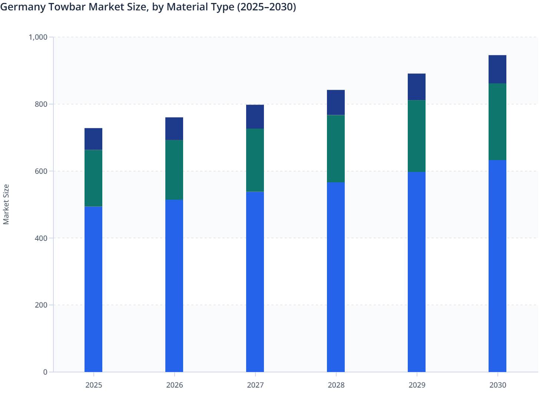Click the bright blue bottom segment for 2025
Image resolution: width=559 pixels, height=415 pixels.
(x=93, y=289)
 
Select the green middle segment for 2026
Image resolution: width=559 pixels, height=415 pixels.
(x=174, y=170)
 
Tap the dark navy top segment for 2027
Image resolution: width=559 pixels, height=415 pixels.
(x=255, y=117)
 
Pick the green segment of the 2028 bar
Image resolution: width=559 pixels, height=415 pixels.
(x=336, y=149)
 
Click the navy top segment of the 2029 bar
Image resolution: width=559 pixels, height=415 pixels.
(x=417, y=87)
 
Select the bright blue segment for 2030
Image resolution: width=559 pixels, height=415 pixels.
(x=497, y=266)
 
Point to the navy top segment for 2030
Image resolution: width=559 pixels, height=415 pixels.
(x=497, y=69)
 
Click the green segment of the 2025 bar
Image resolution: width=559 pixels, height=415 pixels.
(x=93, y=178)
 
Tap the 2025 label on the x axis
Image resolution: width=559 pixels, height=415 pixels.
(x=93, y=385)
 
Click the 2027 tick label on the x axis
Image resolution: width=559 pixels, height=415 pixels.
(x=255, y=385)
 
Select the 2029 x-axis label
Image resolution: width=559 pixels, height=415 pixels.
(x=417, y=385)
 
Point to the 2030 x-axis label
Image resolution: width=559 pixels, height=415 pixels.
(x=497, y=385)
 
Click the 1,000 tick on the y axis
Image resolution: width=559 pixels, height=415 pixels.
(x=38, y=37)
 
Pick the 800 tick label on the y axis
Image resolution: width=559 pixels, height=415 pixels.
(x=41, y=104)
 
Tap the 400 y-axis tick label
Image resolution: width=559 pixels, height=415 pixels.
(x=41, y=238)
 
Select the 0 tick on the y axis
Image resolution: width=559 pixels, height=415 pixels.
(x=45, y=372)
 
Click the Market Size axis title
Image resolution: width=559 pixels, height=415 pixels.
(x=6, y=204)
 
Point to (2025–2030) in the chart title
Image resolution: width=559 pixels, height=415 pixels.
(x=267, y=7)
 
